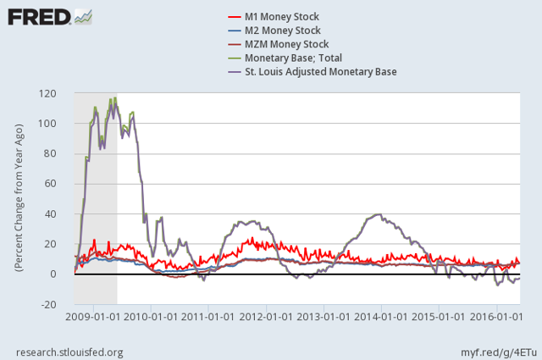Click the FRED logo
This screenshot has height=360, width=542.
pos(38,16)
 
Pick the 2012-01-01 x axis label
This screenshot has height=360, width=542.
pos(266,317)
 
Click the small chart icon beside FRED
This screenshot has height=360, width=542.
pos(84,15)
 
